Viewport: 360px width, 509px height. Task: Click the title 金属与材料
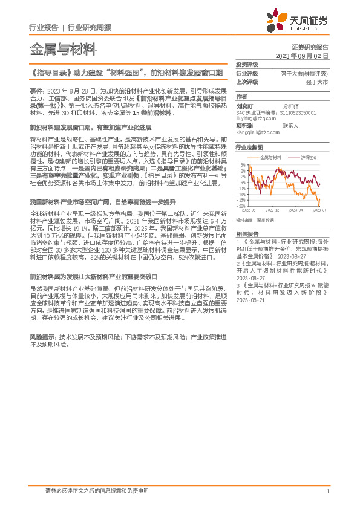click(x=54, y=48)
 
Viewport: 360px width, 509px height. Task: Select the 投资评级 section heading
click(x=246, y=64)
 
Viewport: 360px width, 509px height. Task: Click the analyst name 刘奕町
click(x=244, y=104)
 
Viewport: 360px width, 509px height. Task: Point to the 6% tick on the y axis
click(x=243, y=164)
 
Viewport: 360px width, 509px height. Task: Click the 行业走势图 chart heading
click(x=249, y=147)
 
